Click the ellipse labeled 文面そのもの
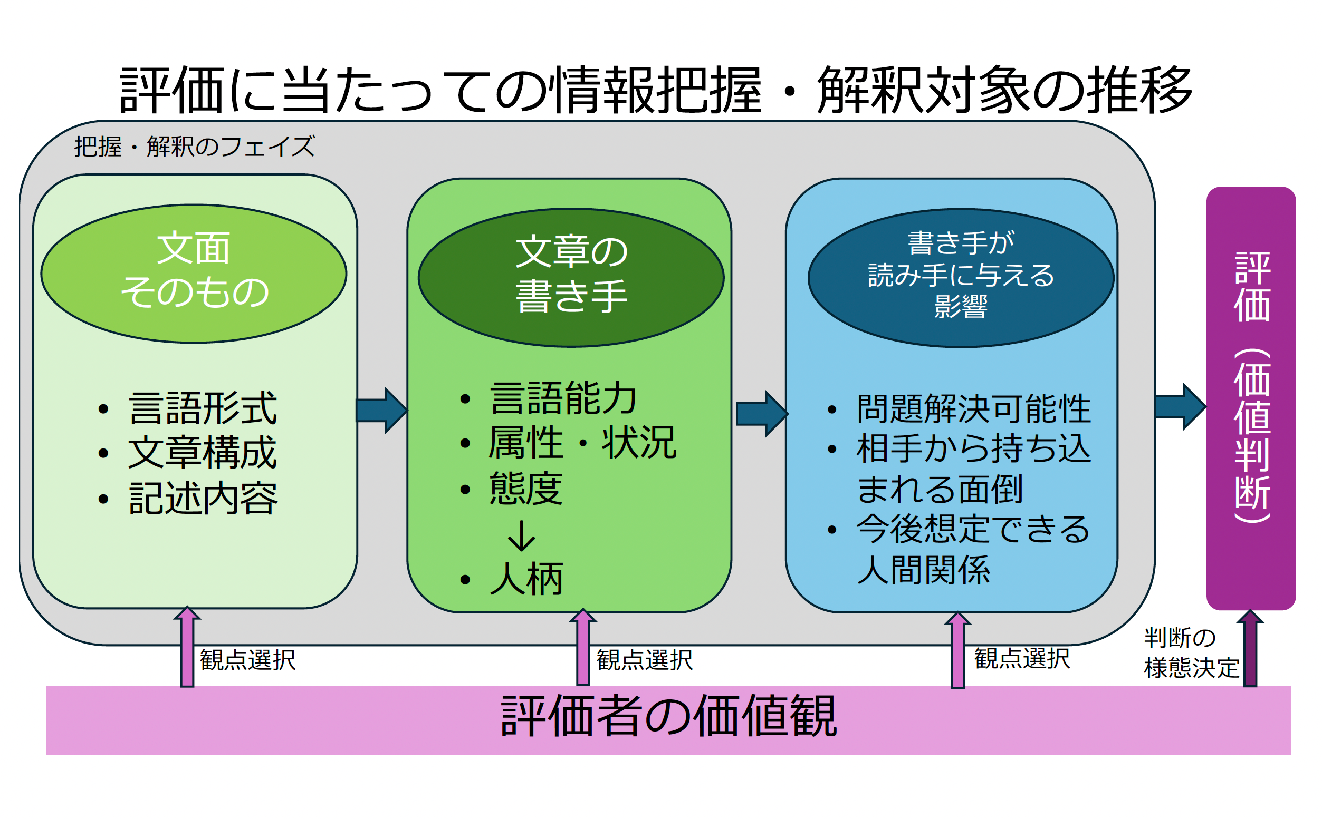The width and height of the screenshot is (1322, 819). click(194, 273)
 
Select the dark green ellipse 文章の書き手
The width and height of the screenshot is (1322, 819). click(571, 277)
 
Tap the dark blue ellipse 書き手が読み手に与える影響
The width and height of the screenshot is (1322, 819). click(961, 277)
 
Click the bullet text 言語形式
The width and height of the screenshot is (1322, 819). click(203, 408)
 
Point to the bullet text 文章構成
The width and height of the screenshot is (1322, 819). click(203, 453)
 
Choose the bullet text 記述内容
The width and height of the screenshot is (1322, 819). click(203, 499)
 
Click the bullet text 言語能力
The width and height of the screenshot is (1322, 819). click(564, 398)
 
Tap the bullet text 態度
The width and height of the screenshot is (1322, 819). click(526, 489)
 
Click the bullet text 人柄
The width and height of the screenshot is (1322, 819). click(526, 580)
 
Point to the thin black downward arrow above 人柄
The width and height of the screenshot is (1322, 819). click(521, 537)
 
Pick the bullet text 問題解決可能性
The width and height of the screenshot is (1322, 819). click(973, 408)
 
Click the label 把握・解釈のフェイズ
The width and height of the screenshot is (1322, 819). click(194, 147)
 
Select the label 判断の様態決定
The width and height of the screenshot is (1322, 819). click(1190, 652)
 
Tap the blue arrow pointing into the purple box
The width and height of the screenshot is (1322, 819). click(1180, 407)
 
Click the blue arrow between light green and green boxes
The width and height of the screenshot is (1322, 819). click(381, 410)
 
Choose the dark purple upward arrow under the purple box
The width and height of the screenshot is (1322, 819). click(1250, 648)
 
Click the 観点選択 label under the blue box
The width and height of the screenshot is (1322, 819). click(1022, 659)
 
